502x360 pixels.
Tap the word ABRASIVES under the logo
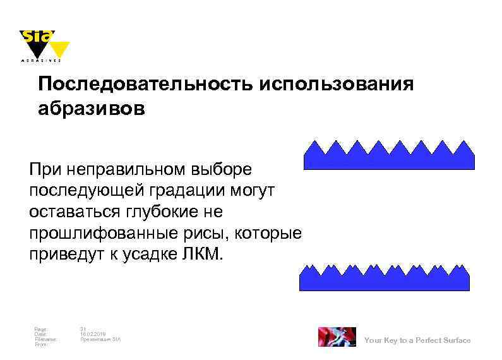tap(42, 62)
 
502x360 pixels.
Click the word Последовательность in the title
tap(145, 85)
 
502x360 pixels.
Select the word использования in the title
tap(336, 85)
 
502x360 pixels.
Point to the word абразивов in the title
tap(92, 109)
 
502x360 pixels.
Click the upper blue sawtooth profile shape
tap(389, 157)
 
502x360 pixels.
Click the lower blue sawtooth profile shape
tap(385, 278)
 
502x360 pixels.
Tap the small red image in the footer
tap(337, 337)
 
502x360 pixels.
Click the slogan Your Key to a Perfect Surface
tap(417, 340)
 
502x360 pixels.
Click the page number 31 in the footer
tap(83, 328)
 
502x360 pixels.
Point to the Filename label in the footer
tap(46, 339)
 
